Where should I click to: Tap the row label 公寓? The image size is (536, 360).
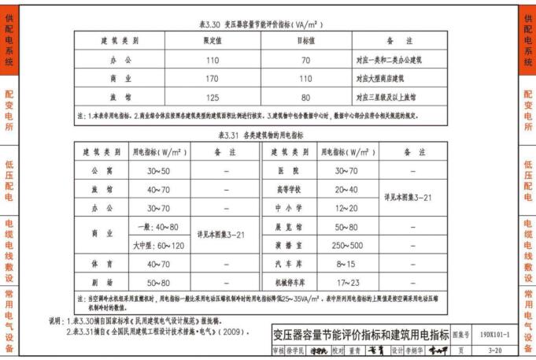(x=102, y=171)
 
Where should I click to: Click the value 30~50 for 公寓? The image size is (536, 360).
(x=158, y=171)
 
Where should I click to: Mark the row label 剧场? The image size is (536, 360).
(x=102, y=283)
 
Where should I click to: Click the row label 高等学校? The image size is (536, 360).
(x=289, y=190)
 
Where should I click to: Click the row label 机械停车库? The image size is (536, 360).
(x=289, y=283)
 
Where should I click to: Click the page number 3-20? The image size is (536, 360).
(x=496, y=351)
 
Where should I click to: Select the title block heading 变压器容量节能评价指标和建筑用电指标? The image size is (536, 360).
(x=360, y=336)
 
